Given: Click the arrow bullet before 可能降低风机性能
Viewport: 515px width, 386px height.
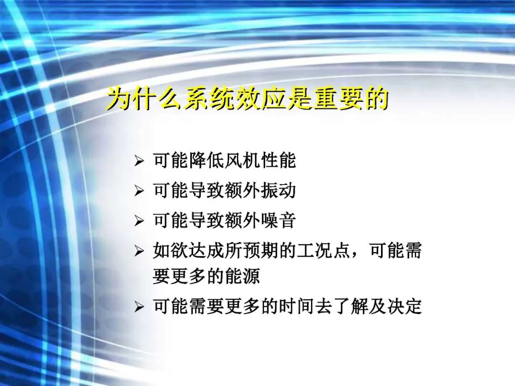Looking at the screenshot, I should tap(139, 162).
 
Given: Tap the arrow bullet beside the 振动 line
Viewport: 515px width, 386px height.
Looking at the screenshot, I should tap(139, 192).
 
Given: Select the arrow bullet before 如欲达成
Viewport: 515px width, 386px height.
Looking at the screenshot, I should tap(139, 251).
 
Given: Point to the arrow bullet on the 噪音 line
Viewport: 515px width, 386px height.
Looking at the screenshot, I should tap(139, 221).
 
